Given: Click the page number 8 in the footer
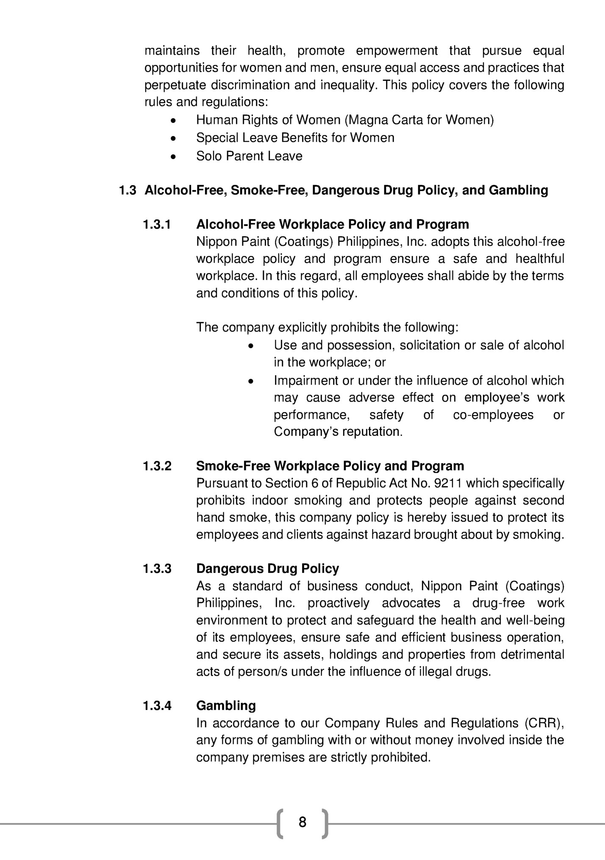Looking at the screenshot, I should tap(302, 822).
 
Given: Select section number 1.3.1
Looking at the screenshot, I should tap(157, 224).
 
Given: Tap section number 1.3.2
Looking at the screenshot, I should tap(157, 466).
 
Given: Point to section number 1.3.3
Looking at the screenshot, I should tap(157, 569).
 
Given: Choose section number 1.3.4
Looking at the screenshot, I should tap(157, 706).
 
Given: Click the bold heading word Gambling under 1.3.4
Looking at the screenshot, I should tap(226, 706).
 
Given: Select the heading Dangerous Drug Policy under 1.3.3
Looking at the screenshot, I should tap(267, 569).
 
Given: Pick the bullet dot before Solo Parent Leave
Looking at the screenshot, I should tap(172, 156).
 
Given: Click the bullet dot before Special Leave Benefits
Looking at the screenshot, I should tap(172, 138).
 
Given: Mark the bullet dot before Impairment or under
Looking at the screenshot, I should tap(251, 381).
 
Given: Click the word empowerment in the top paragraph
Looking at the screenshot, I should tap(397, 51).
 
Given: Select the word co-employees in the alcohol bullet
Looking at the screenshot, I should tap(493, 414).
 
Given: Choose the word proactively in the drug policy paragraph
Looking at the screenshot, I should tap(339, 603).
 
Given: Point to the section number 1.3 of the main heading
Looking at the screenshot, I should tap(128, 190).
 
